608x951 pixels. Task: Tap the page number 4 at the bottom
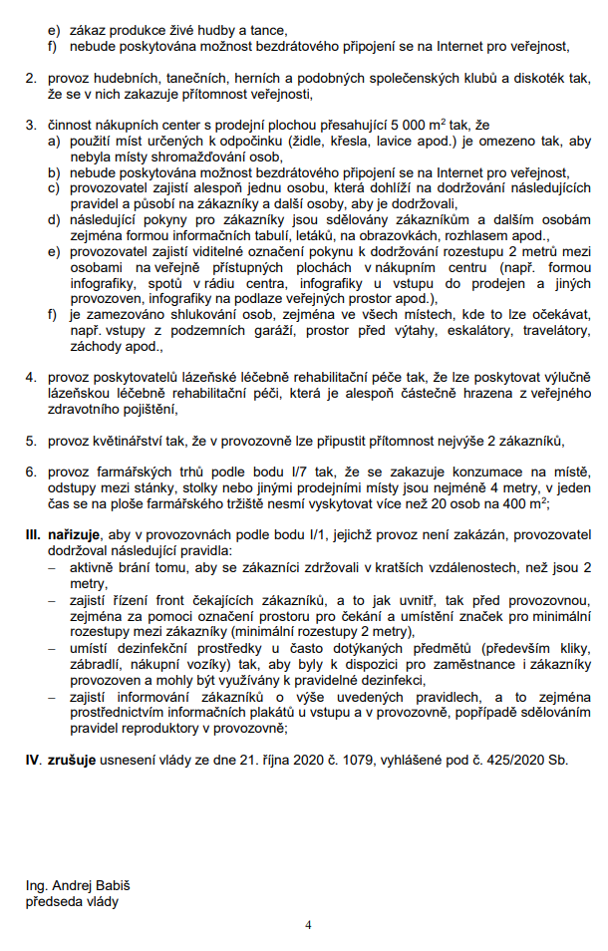tap(309, 925)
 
